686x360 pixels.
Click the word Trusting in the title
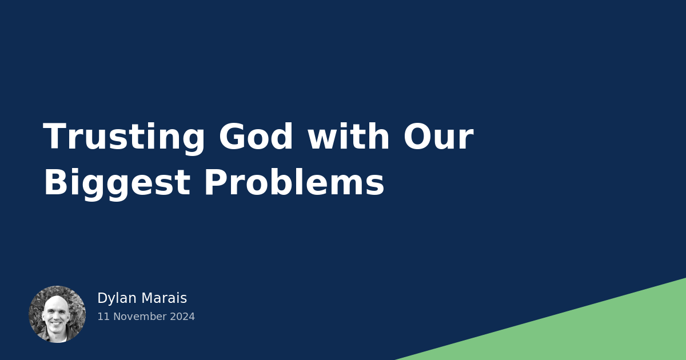124,138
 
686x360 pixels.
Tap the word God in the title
256,138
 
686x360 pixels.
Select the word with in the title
349,138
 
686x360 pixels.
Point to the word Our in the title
438,138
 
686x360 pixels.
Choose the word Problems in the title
294,183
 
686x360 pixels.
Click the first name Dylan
117,298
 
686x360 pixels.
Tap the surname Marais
164,298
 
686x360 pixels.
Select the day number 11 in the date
102,317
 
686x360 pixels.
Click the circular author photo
57,314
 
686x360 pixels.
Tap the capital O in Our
418,138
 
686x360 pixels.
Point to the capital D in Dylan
102,298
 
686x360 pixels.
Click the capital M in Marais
147,298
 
